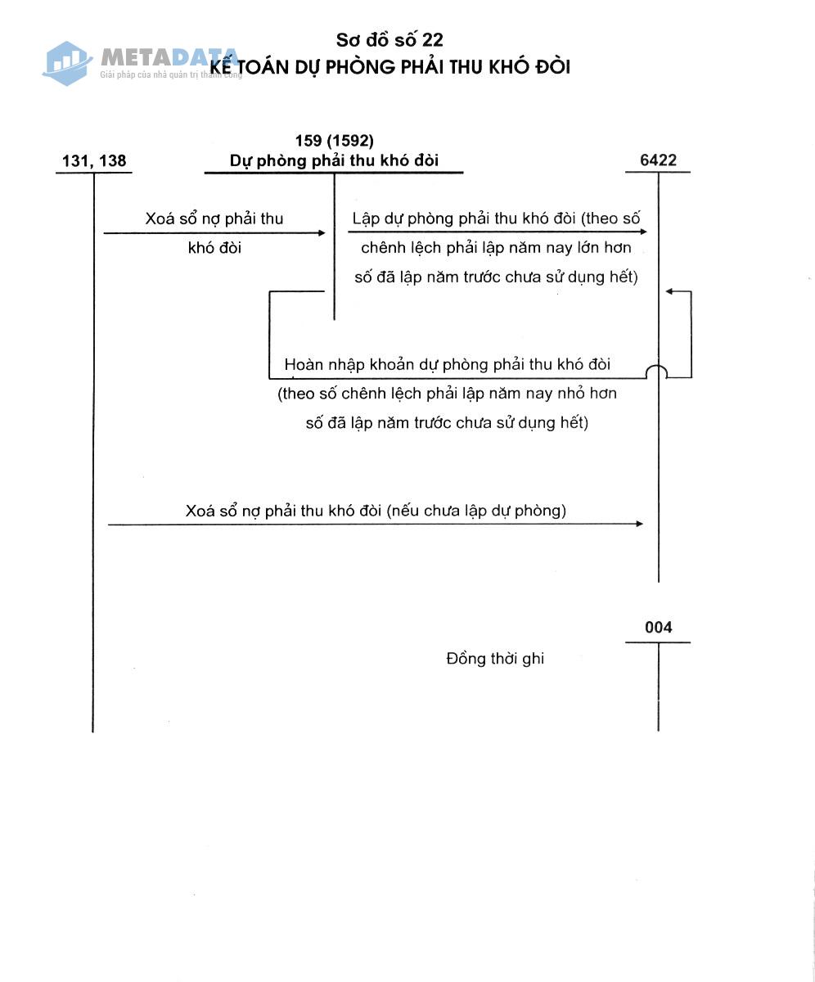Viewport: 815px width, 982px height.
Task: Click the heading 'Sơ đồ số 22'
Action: click(x=389, y=40)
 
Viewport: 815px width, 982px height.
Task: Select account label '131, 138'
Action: click(x=94, y=160)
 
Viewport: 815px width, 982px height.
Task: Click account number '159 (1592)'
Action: click(x=334, y=141)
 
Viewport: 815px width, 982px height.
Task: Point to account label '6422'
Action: click(x=658, y=160)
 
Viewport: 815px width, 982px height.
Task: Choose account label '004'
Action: click(x=658, y=628)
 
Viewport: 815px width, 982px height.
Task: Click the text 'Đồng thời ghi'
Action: click(x=495, y=659)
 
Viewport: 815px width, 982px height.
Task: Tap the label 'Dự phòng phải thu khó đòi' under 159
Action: click(x=334, y=161)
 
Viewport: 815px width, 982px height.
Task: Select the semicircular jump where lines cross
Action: click(x=657, y=372)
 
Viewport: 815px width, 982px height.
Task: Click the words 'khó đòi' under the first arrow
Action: click(x=214, y=248)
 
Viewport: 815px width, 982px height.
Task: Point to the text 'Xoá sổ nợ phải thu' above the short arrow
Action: click(x=214, y=218)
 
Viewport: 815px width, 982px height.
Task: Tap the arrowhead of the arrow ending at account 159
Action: click(x=322, y=233)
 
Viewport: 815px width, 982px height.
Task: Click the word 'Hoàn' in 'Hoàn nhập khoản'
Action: click(x=303, y=364)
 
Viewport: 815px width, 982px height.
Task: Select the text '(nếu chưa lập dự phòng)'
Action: click(x=477, y=511)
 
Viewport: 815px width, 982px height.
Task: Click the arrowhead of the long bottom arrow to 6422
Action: click(x=639, y=524)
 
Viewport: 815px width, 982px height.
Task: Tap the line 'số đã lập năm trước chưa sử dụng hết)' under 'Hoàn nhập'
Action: click(x=447, y=423)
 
